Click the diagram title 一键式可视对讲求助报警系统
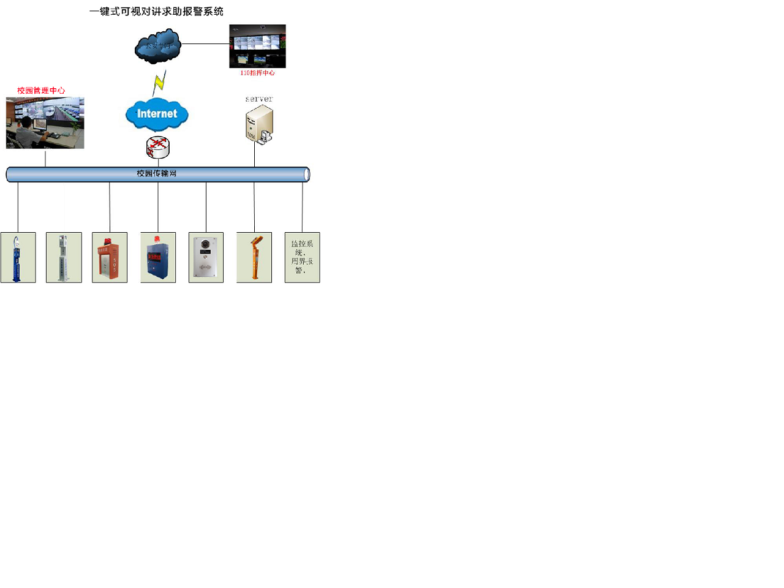click(156, 12)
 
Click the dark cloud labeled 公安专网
click(157, 46)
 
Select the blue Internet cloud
click(157, 114)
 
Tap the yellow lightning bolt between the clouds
click(159, 81)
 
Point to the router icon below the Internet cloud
click(158, 147)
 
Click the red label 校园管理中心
click(41, 91)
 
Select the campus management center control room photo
click(45, 123)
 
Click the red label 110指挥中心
click(257, 73)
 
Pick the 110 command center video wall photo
click(257, 46)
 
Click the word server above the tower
click(259, 99)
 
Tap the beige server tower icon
click(259, 124)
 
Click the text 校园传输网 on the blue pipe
click(157, 174)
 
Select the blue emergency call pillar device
click(17, 258)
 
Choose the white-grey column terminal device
click(63, 258)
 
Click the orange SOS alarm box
click(109, 260)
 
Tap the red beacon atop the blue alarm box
click(157, 239)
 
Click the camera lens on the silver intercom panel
click(205, 244)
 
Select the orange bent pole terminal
click(254, 258)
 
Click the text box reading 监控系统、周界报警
click(302, 257)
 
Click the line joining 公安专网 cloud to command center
click(205, 44)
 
